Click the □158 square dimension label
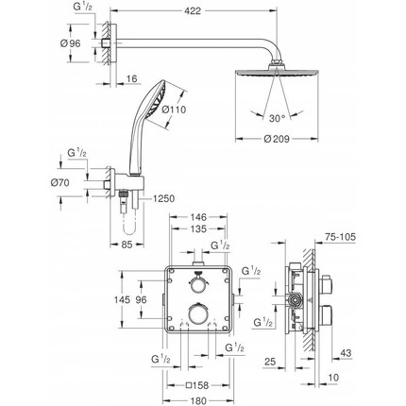[x=197, y=383]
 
